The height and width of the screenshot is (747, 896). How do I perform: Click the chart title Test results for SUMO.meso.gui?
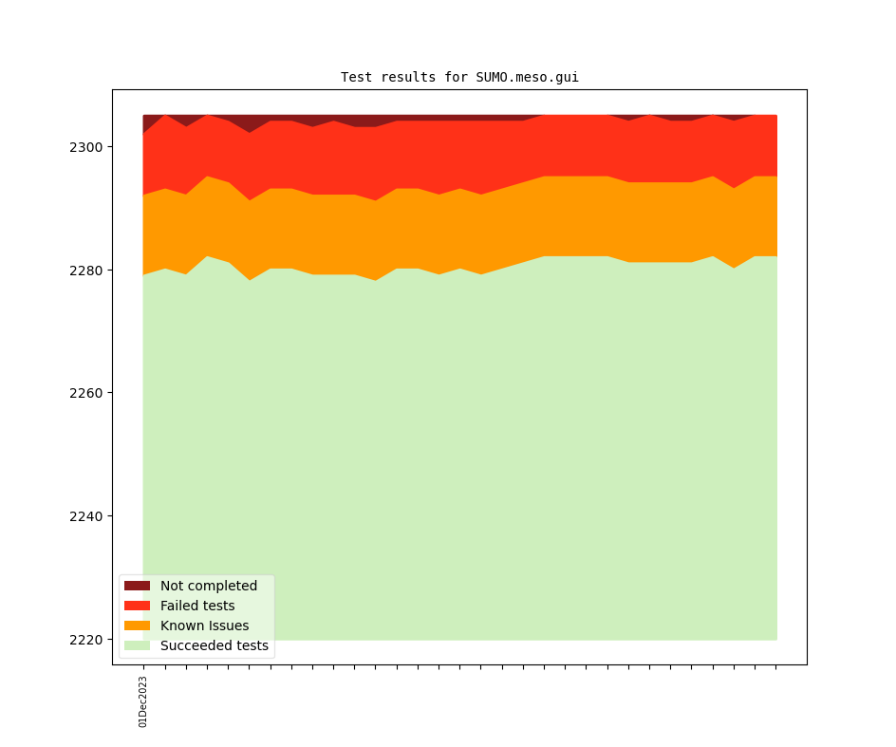[459, 77]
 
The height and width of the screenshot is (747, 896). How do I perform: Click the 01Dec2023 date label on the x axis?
[143, 701]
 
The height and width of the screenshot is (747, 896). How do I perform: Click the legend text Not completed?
[209, 586]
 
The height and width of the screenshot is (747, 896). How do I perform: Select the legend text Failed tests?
[197, 606]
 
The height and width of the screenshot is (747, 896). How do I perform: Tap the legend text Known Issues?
[204, 626]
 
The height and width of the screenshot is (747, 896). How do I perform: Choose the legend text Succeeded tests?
[215, 645]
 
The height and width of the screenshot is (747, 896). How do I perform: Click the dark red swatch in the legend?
[137, 586]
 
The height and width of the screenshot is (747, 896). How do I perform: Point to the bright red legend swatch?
[137, 606]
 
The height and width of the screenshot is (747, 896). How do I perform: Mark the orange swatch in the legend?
[137, 626]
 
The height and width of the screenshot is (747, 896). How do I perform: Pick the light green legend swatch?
[137, 645]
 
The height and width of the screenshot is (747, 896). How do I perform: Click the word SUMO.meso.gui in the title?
[527, 77]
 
